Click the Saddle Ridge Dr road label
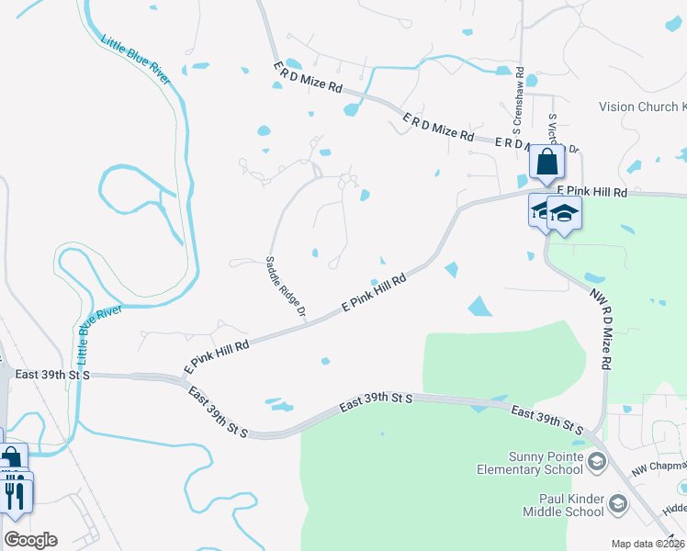click(286, 286)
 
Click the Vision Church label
click(642, 107)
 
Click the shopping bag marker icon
click(546, 163)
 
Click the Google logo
click(29, 540)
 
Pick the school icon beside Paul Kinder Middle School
click(619, 503)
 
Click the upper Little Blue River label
click(136, 60)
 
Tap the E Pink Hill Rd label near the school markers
click(591, 192)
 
